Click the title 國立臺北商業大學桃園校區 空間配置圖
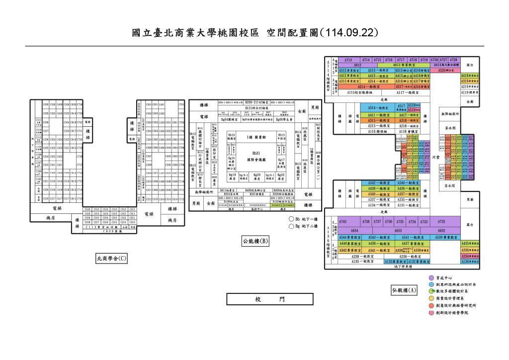(x=254, y=33)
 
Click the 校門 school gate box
(x=270, y=299)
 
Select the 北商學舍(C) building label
(x=111, y=258)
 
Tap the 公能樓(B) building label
(x=255, y=241)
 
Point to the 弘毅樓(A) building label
(x=404, y=290)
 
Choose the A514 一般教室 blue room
(x=378, y=108)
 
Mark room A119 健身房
(x=469, y=92)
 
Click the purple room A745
(x=342, y=222)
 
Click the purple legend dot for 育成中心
(x=431, y=278)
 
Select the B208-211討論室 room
(x=256, y=102)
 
